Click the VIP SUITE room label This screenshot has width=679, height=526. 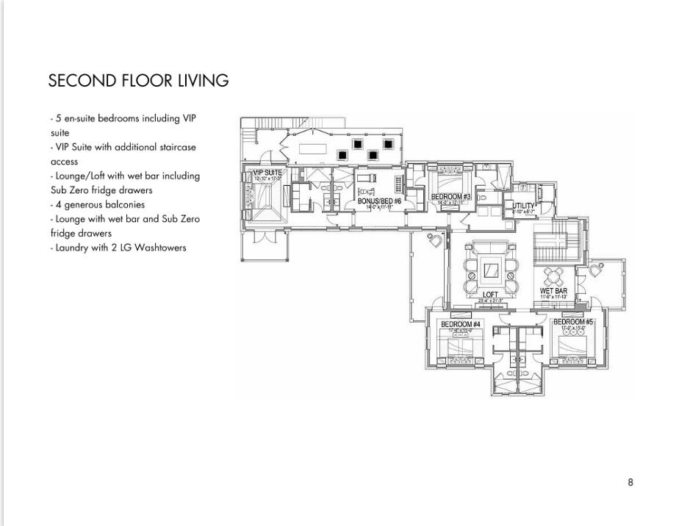coord(267,173)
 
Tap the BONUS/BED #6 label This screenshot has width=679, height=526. coord(379,201)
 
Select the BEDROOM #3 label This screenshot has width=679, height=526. coord(450,196)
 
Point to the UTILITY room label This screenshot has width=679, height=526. coord(524,206)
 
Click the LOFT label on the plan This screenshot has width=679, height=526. coord(490,295)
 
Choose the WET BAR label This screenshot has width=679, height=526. coord(553,291)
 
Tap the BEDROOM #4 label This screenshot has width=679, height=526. coord(460,324)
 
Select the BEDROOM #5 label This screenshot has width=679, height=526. coord(573,322)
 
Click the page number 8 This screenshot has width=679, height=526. coord(630,482)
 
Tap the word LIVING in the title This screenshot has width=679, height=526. coord(204,81)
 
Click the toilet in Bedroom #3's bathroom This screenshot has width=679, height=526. coord(481,197)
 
